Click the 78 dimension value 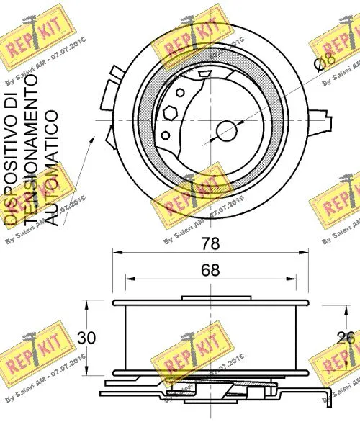[210, 244]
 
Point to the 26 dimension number [346, 338]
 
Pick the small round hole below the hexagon [167, 134]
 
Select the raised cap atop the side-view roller [209, 298]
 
